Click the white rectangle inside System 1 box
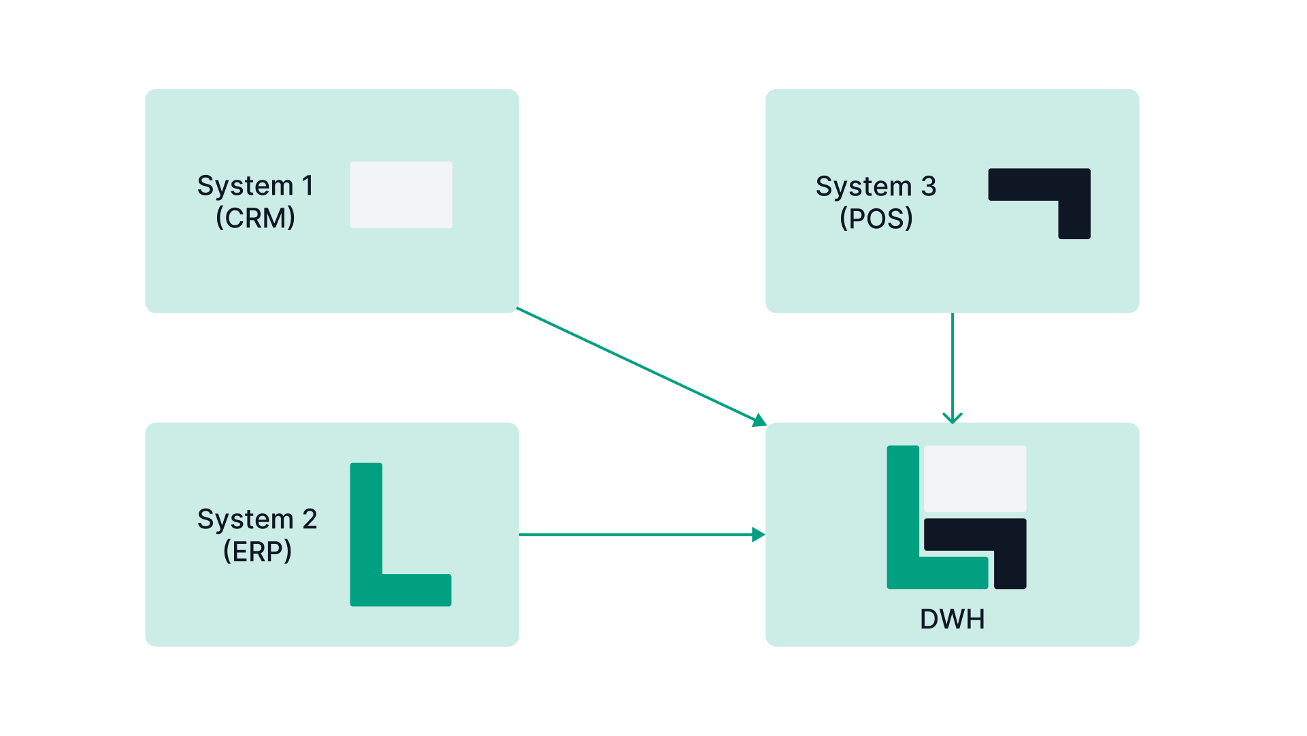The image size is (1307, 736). [x=401, y=195]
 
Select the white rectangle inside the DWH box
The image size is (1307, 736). [x=975, y=479]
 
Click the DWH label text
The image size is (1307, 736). [x=952, y=620]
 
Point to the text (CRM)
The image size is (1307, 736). [x=255, y=219]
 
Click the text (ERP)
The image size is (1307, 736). [x=257, y=551]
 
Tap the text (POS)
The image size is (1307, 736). [x=876, y=219]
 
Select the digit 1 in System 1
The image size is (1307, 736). [x=308, y=186]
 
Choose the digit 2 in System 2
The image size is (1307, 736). [x=310, y=519]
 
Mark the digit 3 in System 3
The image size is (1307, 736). [x=929, y=187]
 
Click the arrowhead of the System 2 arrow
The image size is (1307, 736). [x=759, y=535]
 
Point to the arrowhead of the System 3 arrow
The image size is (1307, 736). [x=953, y=417]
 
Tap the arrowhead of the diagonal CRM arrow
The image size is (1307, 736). [x=759, y=420]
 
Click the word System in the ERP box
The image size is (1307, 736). [x=245, y=519]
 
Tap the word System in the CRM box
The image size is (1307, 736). [x=245, y=186]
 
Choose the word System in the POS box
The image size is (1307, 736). [x=863, y=187]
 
